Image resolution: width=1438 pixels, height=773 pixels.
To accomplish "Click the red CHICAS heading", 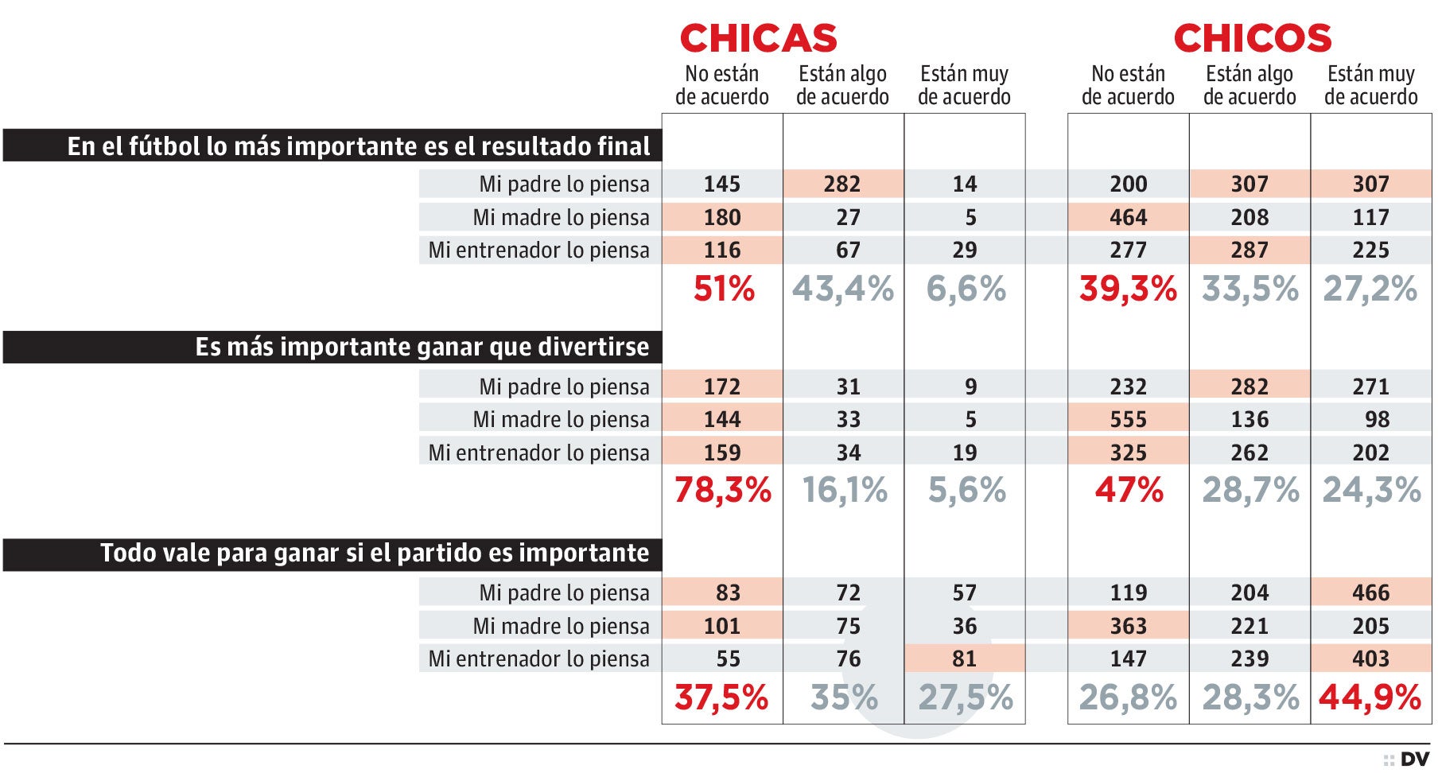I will point(758,38).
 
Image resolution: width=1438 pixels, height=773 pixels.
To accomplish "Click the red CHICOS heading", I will point(1252,38).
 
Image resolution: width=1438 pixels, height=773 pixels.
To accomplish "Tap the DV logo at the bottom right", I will point(1414,759).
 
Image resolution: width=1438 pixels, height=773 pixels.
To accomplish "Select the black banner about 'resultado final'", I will point(332,146).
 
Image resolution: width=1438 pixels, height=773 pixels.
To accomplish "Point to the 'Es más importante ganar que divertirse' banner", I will point(332,348).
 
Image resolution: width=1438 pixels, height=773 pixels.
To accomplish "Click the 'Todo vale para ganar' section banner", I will point(332,554).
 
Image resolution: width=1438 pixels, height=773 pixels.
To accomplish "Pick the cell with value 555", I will point(1128,419).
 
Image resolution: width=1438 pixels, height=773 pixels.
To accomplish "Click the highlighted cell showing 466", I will point(1370,592).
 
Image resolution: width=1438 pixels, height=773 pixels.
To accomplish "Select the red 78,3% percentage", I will point(722,490).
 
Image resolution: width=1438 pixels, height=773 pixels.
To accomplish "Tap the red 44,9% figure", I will point(1370,697).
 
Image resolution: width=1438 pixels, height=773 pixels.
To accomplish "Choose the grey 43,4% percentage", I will point(843,289).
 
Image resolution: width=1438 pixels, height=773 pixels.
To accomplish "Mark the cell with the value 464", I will point(1128,217).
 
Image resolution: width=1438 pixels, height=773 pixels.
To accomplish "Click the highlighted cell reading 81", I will point(964,658).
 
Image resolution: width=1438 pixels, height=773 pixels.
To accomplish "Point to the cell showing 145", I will point(721,185).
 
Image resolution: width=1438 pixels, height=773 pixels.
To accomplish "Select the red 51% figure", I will point(723,289).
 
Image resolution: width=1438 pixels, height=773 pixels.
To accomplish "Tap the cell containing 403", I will point(1370,658).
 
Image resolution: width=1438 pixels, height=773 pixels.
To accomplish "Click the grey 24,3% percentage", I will point(1371,490).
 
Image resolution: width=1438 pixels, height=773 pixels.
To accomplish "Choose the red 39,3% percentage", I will point(1128,289).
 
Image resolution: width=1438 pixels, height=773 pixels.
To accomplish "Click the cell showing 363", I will point(1128,626).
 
